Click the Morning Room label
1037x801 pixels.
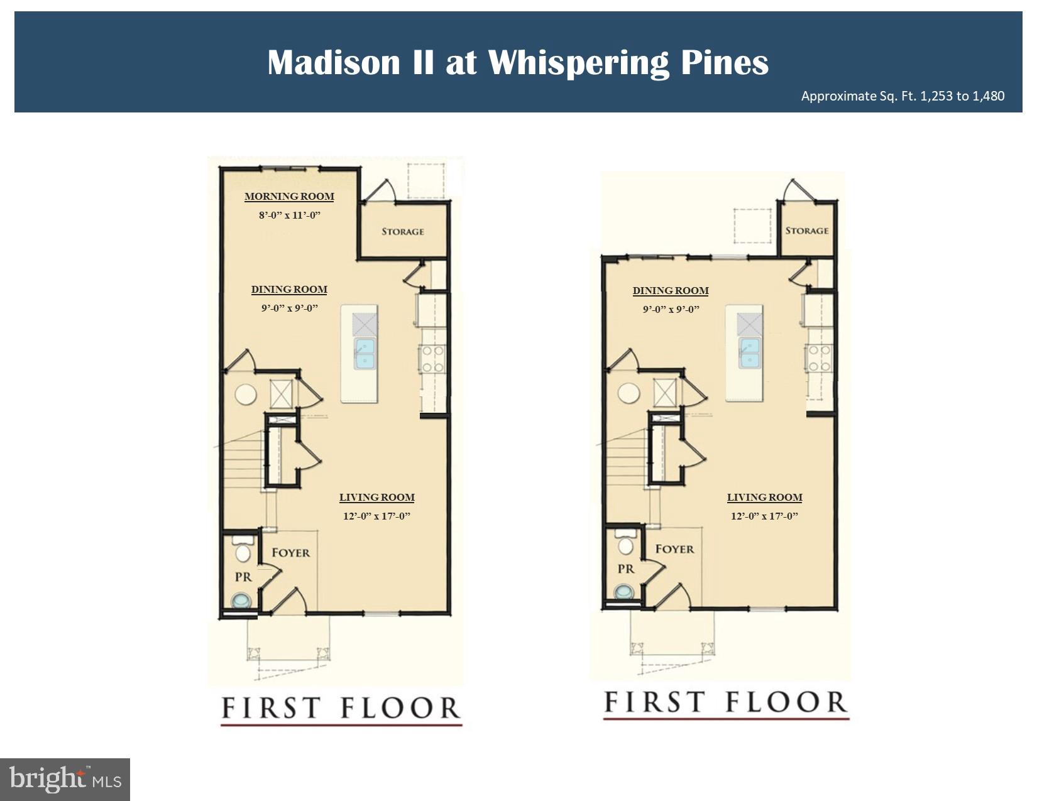pyautogui.click(x=289, y=197)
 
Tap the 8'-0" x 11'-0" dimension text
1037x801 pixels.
pyautogui.click(x=290, y=215)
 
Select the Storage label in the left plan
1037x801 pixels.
pyautogui.click(x=403, y=232)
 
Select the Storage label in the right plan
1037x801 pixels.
pyautogui.click(x=806, y=231)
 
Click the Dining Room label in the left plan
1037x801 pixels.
pyautogui.click(x=289, y=290)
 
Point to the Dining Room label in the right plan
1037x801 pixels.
pyautogui.click(x=671, y=291)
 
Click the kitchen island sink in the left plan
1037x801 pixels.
pyautogui.click(x=365, y=353)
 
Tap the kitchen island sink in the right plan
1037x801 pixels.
pyautogui.click(x=749, y=353)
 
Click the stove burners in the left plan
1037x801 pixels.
pyautogui.click(x=432, y=359)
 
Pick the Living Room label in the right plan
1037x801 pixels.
pyautogui.click(x=764, y=498)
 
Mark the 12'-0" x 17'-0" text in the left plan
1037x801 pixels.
pyautogui.click(x=376, y=516)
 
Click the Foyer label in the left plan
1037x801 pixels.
pyautogui.click(x=290, y=553)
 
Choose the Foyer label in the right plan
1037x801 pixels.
pyautogui.click(x=674, y=549)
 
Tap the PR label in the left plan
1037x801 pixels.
pyautogui.click(x=243, y=577)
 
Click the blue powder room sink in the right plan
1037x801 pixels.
pyautogui.click(x=625, y=592)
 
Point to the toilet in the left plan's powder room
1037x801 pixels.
pyautogui.click(x=242, y=551)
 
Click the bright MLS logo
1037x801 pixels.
pyautogui.click(x=65, y=779)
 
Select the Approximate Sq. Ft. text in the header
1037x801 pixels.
pyautogui.click(x=903, y=96)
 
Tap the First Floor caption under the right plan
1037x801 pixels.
pyautogui.click(x=725, y=703)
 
